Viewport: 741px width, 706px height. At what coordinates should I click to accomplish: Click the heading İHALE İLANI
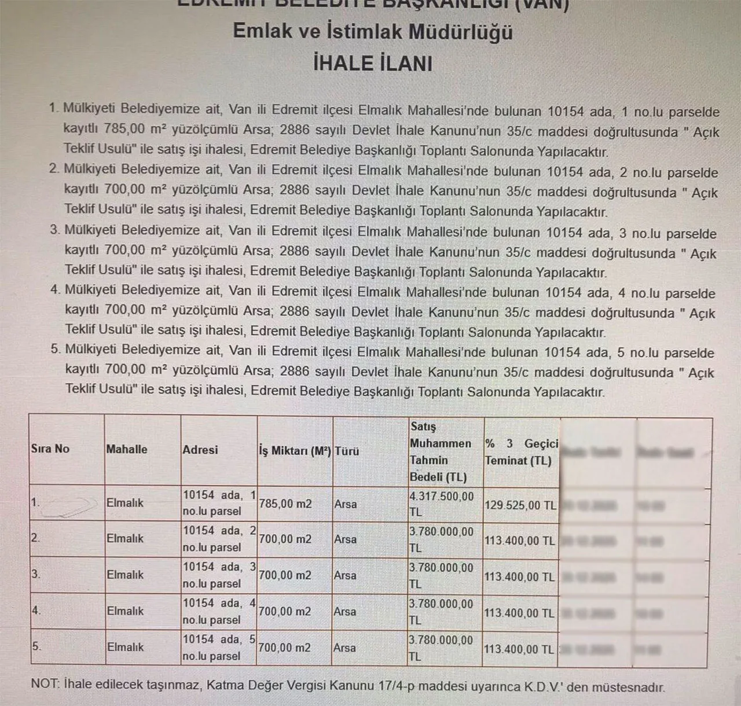click(372, 63)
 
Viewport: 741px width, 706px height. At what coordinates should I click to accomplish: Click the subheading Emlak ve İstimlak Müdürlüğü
click(372, 32)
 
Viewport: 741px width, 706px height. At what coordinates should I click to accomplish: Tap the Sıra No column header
click(50, 448)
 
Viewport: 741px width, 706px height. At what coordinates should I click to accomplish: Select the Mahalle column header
click(127, 449)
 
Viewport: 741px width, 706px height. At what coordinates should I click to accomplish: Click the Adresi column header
click(200, 450)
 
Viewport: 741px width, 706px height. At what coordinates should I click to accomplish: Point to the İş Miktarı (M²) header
click(295, 451)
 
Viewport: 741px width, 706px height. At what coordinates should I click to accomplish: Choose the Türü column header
click(347, 451)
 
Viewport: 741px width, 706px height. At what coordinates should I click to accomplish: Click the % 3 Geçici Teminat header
click(521, 452)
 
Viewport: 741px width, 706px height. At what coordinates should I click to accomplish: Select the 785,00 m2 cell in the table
click(285, 504)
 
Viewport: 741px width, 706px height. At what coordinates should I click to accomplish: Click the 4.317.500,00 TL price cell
click(441, 504)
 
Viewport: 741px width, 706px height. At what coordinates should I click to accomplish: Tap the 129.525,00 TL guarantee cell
click(520, 505)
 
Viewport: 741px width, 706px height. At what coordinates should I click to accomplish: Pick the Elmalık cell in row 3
click(125, 575)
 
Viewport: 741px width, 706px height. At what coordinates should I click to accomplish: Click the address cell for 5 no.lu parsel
click(219, 648)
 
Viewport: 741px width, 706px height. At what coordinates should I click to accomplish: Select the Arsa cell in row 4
click(345, 612)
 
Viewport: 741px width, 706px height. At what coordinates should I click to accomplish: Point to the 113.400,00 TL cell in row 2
click(519, 541)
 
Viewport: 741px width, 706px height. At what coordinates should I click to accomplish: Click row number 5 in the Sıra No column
click(36, 646)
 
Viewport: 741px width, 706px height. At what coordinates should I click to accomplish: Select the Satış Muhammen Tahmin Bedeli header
click(441, 451)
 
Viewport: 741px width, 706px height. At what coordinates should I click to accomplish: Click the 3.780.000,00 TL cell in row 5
click(441, 648)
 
